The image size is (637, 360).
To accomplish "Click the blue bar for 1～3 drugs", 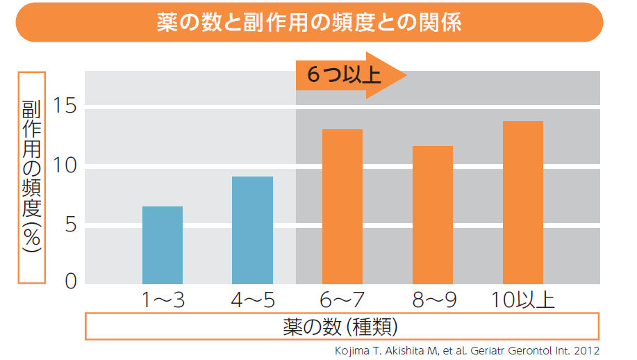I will [163, 245].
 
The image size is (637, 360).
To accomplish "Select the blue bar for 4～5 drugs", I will [252, 230].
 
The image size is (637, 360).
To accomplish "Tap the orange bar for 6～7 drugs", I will [342, 206].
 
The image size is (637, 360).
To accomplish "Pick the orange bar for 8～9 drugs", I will [432, 215].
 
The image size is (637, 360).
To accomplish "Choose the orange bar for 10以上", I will [522, 202].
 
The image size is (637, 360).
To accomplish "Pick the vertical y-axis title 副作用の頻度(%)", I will [31, 177].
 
